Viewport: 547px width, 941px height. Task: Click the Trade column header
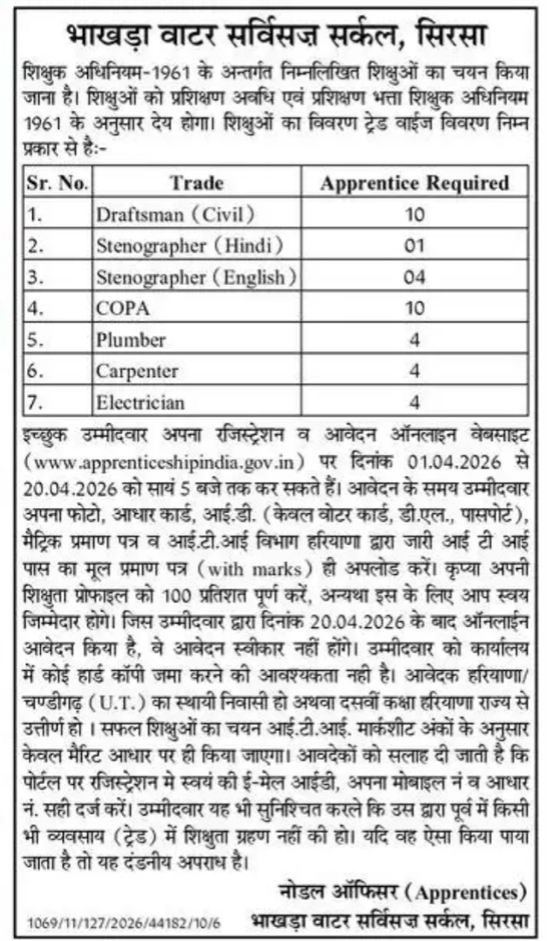point(196,183)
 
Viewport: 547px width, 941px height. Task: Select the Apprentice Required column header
point(415,183)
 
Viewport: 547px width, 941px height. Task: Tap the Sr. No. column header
point(57,183)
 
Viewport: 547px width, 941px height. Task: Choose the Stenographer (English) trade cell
point(196,277)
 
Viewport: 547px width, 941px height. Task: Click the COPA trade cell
point(123,308)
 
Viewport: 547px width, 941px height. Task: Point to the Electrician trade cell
point(140,402)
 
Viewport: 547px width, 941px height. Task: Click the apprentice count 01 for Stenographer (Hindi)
point(415,246)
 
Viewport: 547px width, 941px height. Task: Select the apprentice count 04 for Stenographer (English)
point(415,277)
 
